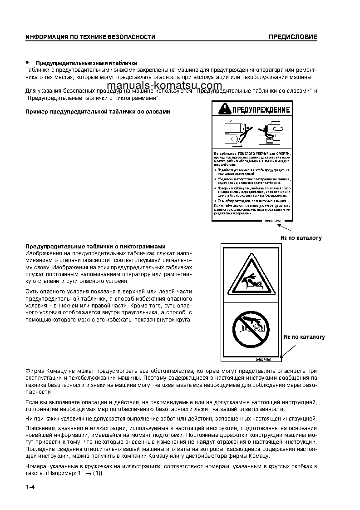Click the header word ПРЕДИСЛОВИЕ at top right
point(292,37)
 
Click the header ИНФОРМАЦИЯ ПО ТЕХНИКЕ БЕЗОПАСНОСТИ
point(90,37)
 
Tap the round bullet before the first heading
point(27,62)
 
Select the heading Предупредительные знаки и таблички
point(86,63)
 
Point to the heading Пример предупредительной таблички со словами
point(98,112)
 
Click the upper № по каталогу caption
point(301,238)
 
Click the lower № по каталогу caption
point(305,337)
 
